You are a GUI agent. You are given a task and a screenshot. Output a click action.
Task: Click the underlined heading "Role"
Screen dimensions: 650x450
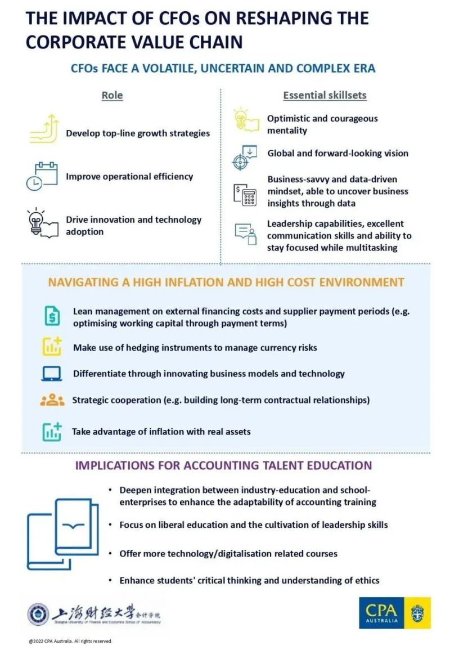[112, 95]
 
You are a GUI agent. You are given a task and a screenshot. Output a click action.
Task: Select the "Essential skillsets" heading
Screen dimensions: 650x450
[325, 95]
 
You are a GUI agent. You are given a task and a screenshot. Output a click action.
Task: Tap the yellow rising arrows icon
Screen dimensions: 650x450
[44, 129]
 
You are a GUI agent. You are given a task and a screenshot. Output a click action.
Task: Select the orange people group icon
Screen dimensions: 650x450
[52, 400]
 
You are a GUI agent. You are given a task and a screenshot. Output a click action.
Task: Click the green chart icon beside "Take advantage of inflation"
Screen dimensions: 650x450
[52, 431]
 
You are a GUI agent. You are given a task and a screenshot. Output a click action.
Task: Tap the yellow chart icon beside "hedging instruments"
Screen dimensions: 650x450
[52, 346]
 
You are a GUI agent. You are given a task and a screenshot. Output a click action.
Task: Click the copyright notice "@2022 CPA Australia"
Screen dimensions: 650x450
[71, 641]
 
